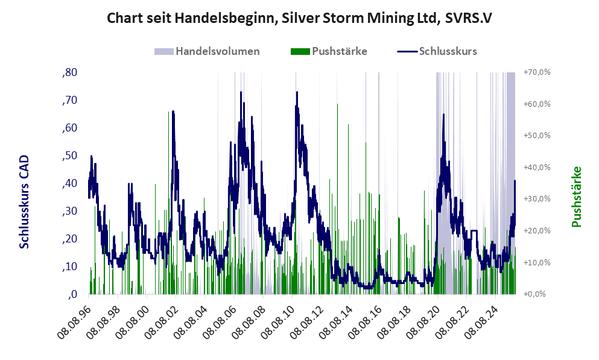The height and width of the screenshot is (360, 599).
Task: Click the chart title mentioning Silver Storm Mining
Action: pyautogui.click(x=299, y=18)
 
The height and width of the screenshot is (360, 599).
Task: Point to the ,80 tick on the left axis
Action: pyautogui.click(x=70, y=72)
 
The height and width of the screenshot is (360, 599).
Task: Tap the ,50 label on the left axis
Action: pyautogui.click(x=70, y=156)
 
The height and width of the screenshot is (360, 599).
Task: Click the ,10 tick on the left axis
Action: pyautogui.click(x=70, y=267)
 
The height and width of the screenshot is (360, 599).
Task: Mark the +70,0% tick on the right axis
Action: pyautogui.click(x=537, y=72)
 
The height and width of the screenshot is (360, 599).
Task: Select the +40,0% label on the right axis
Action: pyautogui.click(x=537, y=167)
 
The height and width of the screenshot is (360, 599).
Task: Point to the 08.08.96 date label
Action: pyautogui.click(x=75, y=320)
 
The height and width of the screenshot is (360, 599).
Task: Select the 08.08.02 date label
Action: pyautogui.click(x=162, y=320)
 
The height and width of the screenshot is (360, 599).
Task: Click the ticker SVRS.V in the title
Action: pyautogui.click(x=468, y=18)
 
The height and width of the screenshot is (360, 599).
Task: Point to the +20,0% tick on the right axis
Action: pyautogui.click(x=537, y=231)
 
